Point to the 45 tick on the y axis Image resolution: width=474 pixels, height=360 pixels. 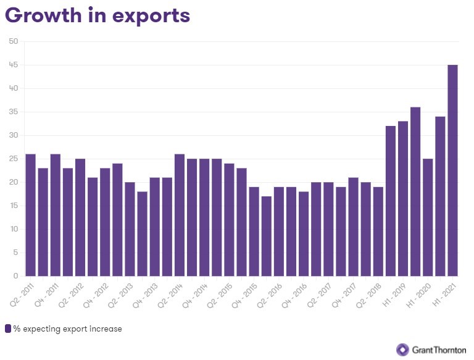(x=14, y=65)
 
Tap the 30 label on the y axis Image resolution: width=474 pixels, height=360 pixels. (x=14, y=135)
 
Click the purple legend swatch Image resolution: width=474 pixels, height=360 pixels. (x=8, y=329)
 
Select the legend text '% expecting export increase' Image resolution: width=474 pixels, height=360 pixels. (x=67, y=329)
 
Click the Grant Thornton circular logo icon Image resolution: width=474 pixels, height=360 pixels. (x=402, y=350)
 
